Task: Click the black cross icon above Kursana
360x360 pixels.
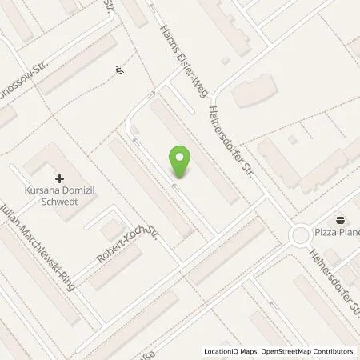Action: [x=60, y=178]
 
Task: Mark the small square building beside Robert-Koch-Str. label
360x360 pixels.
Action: [x=110, y=230]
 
